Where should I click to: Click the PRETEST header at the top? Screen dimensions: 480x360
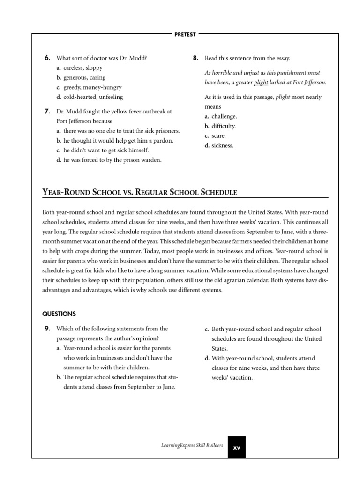click(x=185, y=34)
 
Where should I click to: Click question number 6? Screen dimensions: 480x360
click(x=47, y=58)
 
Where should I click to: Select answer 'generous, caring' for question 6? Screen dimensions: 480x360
click(x=84, y=77)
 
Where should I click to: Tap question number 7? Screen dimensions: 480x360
click(x=47, y=112)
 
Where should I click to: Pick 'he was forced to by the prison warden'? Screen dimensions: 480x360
click(x=112, y=160)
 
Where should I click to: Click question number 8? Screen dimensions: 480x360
click(x=195, y=58)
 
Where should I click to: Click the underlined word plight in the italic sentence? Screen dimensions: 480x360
click(x=261, y=82)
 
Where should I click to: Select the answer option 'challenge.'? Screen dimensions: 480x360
click(x=224, y=116)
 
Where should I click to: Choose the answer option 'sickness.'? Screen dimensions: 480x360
click(x=222, y=145)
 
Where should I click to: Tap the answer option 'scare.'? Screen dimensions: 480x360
click(x=218, y=135)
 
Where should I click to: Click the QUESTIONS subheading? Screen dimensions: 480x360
click(x=59, y=314)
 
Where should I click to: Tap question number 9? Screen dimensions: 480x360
click(x=47, y=329)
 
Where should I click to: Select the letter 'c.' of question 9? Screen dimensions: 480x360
click(x=206, y=329)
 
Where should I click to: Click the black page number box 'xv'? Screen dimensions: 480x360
click(x=237, y=447)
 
